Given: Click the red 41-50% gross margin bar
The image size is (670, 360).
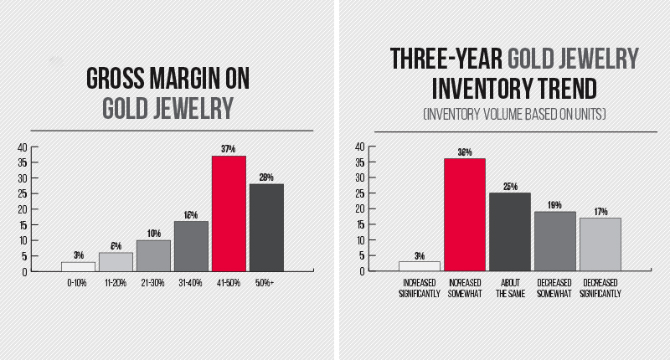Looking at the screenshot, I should [x=229, y=213].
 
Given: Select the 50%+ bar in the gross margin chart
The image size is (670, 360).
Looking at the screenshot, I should [x=266, y=227].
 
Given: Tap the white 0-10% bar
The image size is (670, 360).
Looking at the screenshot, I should [x=78, y=266].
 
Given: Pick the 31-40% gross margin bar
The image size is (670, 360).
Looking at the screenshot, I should [x=191, y=246].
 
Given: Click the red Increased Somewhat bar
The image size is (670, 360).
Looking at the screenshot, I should [x=464, y=214].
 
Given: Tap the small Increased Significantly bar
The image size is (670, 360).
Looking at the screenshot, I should [x=419, y=266].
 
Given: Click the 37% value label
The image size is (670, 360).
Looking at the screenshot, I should [x=229, y=149].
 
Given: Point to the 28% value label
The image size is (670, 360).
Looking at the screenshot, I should [x=266, y=177].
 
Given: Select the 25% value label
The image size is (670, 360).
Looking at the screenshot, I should [x=510, y=186].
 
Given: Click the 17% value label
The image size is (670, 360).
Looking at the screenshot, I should [x=600, y=211].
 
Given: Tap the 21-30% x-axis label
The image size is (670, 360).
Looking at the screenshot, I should [x=153, y=285].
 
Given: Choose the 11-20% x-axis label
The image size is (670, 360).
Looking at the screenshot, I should [x=116, y=285].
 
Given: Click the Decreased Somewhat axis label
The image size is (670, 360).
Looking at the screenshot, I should [x=555, y=289].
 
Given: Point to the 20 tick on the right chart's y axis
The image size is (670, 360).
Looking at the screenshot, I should [x=359, y=208].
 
